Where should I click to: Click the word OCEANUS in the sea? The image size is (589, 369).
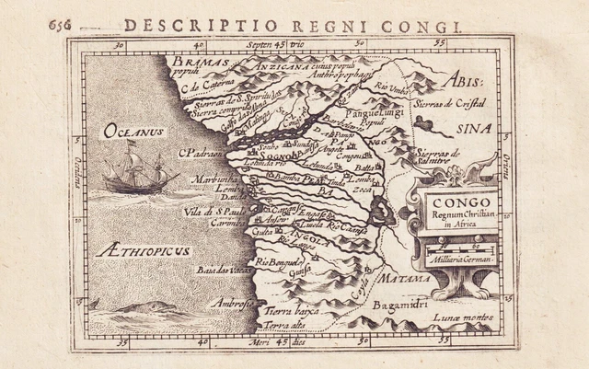tap(133, 132)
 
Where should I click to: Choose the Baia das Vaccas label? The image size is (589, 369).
tap(220, 270)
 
